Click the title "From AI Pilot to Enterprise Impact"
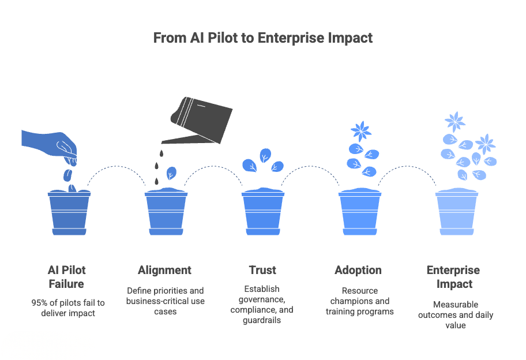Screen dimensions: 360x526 pos(262,38)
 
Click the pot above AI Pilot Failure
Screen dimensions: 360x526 pos(69,212)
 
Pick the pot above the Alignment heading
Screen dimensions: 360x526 pos(166,212)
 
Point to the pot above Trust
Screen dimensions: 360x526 pos(263,212)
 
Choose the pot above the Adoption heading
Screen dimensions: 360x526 pos(359,212)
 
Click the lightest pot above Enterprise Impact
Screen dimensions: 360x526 pos(456,212)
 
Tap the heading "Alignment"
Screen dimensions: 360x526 pos(165,270)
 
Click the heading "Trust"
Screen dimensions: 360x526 pos(262,270)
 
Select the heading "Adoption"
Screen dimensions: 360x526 pos(358,270)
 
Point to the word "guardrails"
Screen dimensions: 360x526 pos(262,320)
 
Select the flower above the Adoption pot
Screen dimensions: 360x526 pos(361,131)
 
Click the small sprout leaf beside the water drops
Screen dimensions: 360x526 pos(171,173)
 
